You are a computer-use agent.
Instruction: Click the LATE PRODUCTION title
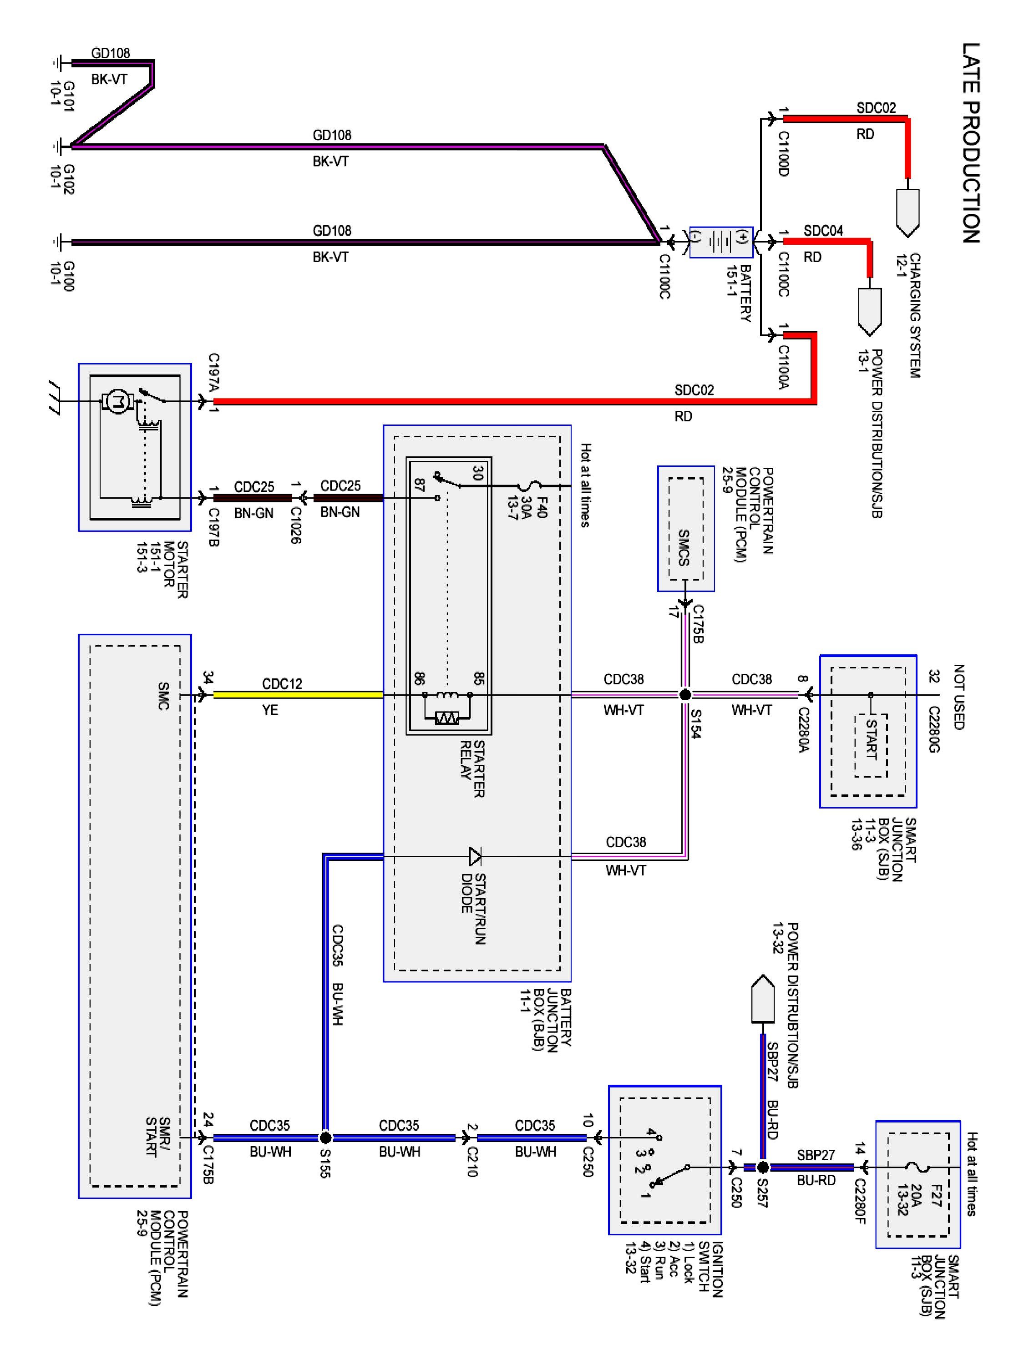point(971,142)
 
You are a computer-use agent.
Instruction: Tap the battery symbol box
point(720,242)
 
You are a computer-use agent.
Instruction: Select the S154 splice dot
point(685,695)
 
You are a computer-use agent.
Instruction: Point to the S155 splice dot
point(325,1137)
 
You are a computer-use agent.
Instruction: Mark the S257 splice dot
point(763,1167)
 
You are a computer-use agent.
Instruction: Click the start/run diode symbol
point(475,856)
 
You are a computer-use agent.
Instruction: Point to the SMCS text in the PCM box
point(683,547)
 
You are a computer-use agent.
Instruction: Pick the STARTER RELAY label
point(472,769)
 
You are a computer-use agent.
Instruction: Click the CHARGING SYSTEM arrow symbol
point(907,213)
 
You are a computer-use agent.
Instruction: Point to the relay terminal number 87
point(419,485)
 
